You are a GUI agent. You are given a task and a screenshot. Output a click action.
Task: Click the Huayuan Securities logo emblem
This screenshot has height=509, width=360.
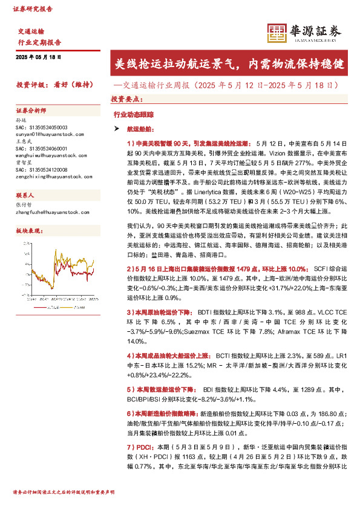click(x=277, y=32)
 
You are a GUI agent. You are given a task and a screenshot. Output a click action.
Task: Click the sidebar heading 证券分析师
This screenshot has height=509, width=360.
click(x=31, y=111)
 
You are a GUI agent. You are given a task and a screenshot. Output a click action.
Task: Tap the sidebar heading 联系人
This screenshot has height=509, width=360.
click(x=25, y=195)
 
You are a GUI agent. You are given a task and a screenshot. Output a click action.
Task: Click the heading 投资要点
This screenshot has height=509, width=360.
click(x=126, y=98)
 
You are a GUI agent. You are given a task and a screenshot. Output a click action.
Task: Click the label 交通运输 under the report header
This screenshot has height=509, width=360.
click(x=31, y=30)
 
